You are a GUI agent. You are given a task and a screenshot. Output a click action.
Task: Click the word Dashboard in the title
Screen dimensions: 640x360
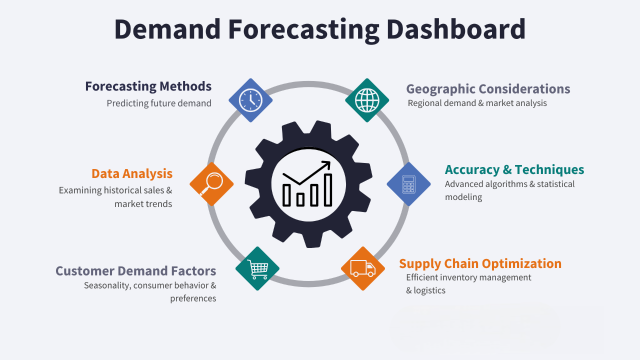tap(456, 29)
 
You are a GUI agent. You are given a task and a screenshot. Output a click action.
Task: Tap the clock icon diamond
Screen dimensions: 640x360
tap(250, 100)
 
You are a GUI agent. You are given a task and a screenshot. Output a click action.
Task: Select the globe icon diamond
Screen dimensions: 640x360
tap(367, 100)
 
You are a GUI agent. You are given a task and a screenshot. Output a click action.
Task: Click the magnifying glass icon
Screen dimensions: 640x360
tap(211, 184)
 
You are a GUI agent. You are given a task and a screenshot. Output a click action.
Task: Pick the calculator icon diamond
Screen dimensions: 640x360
tap(408, 184)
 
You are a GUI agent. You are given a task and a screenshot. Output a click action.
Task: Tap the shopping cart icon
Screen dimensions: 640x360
tap(257, 269)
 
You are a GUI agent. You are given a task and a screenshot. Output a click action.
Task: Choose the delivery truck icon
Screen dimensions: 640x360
tap(363, 268)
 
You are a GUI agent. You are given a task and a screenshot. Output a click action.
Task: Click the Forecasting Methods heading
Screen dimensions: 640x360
tap(148, 86)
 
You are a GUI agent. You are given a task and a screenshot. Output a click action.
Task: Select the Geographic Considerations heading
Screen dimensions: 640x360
tap(488, 89)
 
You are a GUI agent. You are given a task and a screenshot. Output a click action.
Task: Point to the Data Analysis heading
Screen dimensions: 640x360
tap(132, 173)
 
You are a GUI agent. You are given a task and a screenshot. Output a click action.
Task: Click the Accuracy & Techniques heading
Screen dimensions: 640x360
tap(514, 169)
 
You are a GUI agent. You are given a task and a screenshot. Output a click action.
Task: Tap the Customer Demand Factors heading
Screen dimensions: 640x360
tap(135, 271)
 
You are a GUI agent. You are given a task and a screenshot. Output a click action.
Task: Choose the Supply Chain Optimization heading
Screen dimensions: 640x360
tap(480, 263)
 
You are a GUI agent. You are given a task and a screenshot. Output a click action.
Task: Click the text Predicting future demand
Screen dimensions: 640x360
tap(159, 103)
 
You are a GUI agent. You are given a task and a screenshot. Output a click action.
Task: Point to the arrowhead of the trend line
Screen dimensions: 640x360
tap(327, 164)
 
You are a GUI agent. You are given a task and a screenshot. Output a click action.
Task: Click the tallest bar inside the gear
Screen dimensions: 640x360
tap(328, 190)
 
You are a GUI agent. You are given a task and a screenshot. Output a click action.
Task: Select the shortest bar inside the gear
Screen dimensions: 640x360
tap(300, 199)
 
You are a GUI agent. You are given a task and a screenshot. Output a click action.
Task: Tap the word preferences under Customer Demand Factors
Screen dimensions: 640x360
tap(193, 298)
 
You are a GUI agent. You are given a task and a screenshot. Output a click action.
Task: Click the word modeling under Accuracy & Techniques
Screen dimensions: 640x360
tap(463, 197)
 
